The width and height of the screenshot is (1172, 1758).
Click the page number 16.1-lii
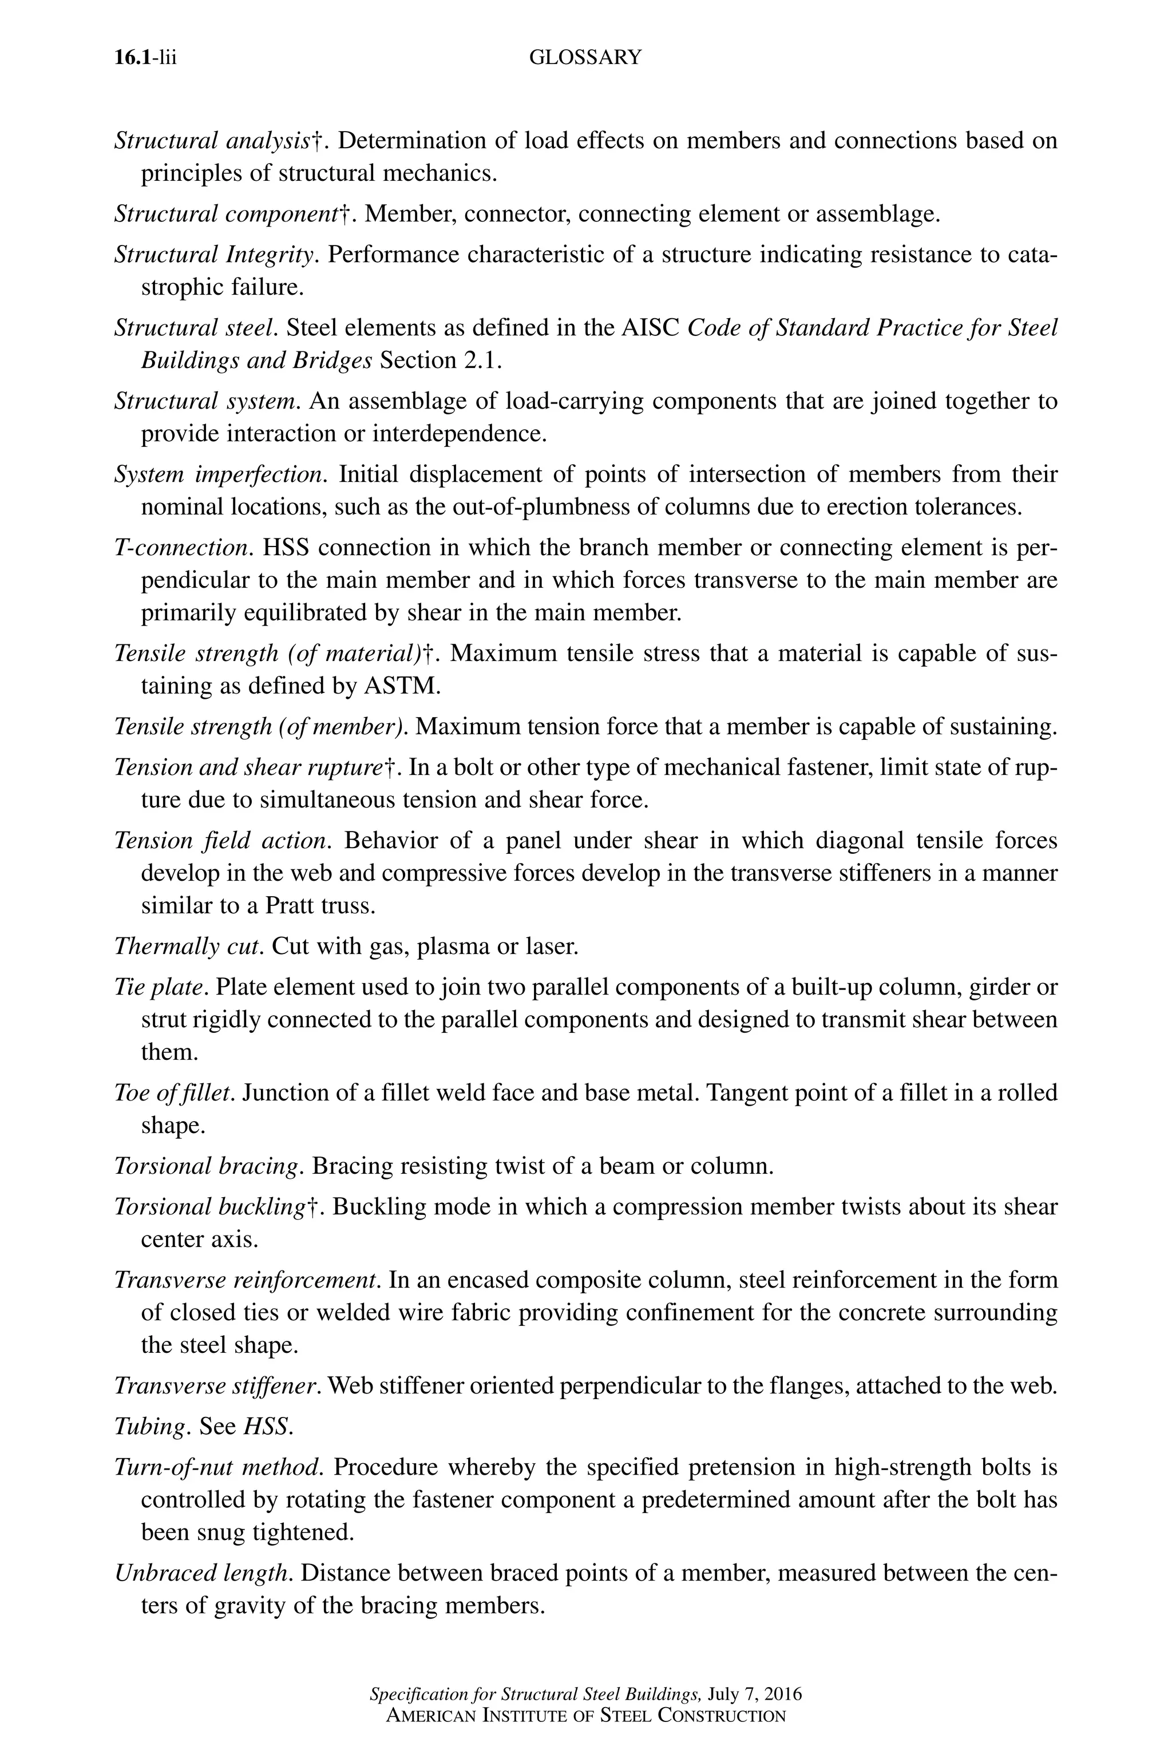[145, 58]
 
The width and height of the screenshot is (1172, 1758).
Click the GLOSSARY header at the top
[584, 58]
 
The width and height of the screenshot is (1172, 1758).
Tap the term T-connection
[183, 548]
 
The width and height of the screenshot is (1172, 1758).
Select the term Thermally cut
[188, 947]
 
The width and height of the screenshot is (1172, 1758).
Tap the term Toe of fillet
[173, 1094]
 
